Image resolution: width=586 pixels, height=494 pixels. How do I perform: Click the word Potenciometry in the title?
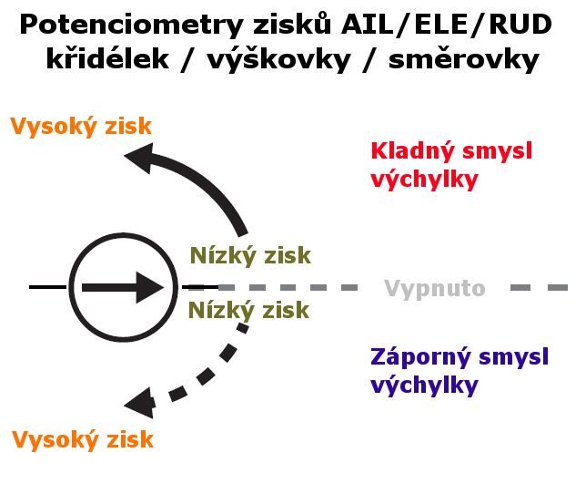pos(132,26)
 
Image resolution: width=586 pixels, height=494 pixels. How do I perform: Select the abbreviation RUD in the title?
pos(520,25)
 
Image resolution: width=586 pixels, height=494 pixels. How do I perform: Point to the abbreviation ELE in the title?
pos(441,25)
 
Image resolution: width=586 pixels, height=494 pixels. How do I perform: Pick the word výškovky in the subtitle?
pos(278,60)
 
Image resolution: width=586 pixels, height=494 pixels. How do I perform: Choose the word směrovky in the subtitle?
pos(464,60)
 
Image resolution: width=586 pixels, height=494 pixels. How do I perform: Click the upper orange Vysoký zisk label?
pos(81,127)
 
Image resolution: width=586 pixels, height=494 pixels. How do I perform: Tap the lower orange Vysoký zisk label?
pos(83,440)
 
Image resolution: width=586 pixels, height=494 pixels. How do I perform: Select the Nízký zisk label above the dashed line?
pos(250,255)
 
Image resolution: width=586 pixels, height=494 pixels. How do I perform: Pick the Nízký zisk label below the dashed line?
pos(248,310)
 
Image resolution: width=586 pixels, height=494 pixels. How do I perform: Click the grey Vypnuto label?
pos(435,289)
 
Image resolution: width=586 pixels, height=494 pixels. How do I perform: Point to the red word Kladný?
pos(413,151)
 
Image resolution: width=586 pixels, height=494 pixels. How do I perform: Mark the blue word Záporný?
pos(420,357)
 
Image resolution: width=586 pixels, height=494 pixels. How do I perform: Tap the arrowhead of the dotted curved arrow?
pos(139,403)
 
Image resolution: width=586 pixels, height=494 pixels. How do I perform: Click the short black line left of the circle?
pos(48,287)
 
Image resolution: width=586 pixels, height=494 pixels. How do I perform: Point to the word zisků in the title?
pos(292,25)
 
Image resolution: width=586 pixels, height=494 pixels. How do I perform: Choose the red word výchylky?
pos(425,180)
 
